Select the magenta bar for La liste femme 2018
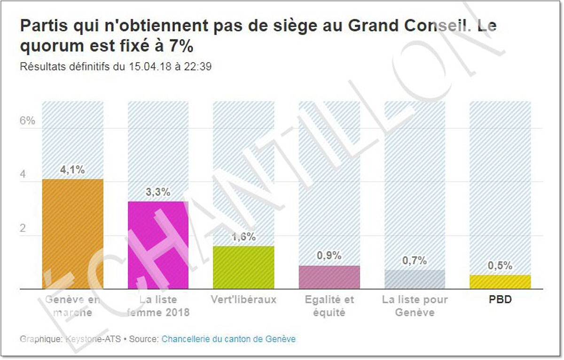(x=158, y=245)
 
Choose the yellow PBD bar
(x=500, y=282)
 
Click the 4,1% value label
(x=72, y=170)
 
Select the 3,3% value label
(x=158, y=192)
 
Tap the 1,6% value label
(x=243, y=237)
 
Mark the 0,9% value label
(x=329, y=256)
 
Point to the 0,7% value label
(x=415, y=260)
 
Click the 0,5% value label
(x=500, y=266)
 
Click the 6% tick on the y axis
(x=28, y=121)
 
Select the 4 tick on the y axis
(x=23, y=175)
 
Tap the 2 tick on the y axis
(x=23, y=229)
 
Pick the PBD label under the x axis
(x=500, y=300)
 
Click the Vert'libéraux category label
(x=243, y=300)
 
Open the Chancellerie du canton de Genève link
(x=228, y=339)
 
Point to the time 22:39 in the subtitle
(x=198, y=67)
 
